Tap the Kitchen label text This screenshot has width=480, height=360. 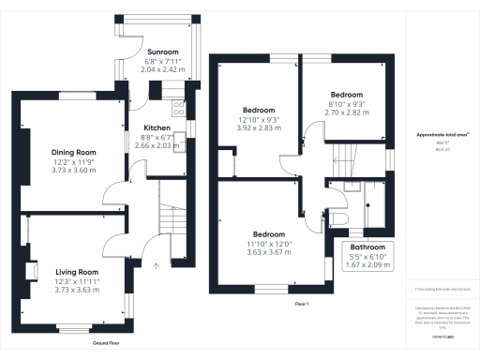pos(156,127)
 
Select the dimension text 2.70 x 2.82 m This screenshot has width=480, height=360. pos(347,109)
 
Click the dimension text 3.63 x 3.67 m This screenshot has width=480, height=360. pos(268,251)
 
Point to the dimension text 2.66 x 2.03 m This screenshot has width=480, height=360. pos(156,146)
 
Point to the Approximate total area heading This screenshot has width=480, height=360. pos(442,135)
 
